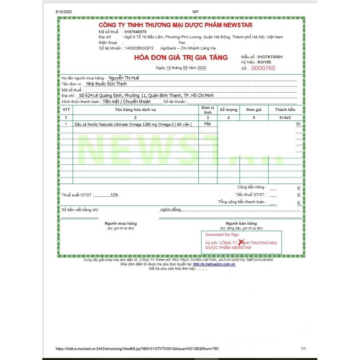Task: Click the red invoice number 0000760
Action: click(263, 68)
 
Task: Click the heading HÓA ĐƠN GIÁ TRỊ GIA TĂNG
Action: click(181, 58)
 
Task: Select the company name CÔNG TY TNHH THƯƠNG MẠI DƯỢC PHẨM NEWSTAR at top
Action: click(176, 25)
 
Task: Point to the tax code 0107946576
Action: click(136, 31)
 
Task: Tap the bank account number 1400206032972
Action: click(139, 48)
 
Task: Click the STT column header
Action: click(66, 109)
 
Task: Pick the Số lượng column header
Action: click(229, 109)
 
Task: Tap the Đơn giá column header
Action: click(254, 109)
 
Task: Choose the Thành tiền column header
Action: click(285, 109)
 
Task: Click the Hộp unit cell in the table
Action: click(207, 124)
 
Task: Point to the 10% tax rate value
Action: click(115, 195)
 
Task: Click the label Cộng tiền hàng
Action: click(251, 187)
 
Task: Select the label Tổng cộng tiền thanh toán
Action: click(241, 202)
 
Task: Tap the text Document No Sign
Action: click(222, 235)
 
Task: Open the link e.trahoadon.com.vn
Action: click(214, 264)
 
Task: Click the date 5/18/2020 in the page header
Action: click(63, 12)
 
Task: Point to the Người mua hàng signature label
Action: click(121, 223)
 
